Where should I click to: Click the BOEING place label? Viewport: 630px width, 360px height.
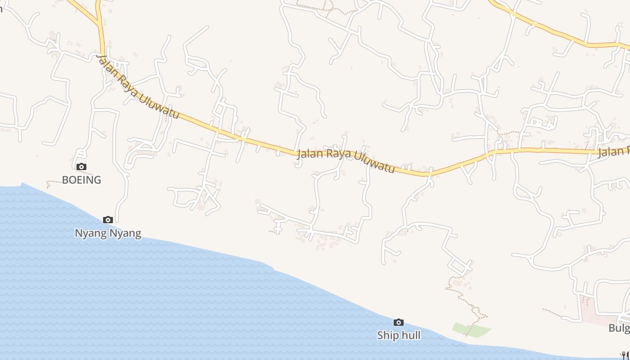(81, 180)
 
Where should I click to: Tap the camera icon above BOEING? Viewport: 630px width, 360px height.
(81, 167)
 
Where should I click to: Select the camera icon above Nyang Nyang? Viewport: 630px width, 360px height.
(108, 220)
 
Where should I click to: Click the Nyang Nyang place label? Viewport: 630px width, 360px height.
(108, 233)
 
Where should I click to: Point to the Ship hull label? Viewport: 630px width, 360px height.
(399, 335)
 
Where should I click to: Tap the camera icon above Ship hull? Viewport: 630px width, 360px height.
(399, 322)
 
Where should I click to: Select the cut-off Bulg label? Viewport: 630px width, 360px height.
(619, 328)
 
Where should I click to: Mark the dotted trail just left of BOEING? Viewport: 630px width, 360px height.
(53, 182)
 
